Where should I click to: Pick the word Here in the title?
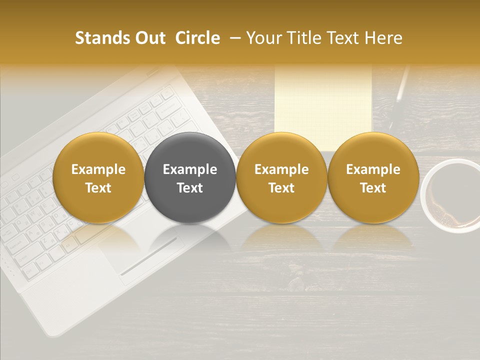click(383, 38)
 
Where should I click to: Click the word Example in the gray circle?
click(190, 169)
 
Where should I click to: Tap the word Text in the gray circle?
click(190, 188)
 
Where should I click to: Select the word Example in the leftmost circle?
click(98, 169)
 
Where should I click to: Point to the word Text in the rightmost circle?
click(373, 188)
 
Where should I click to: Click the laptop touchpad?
click(150, 250)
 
